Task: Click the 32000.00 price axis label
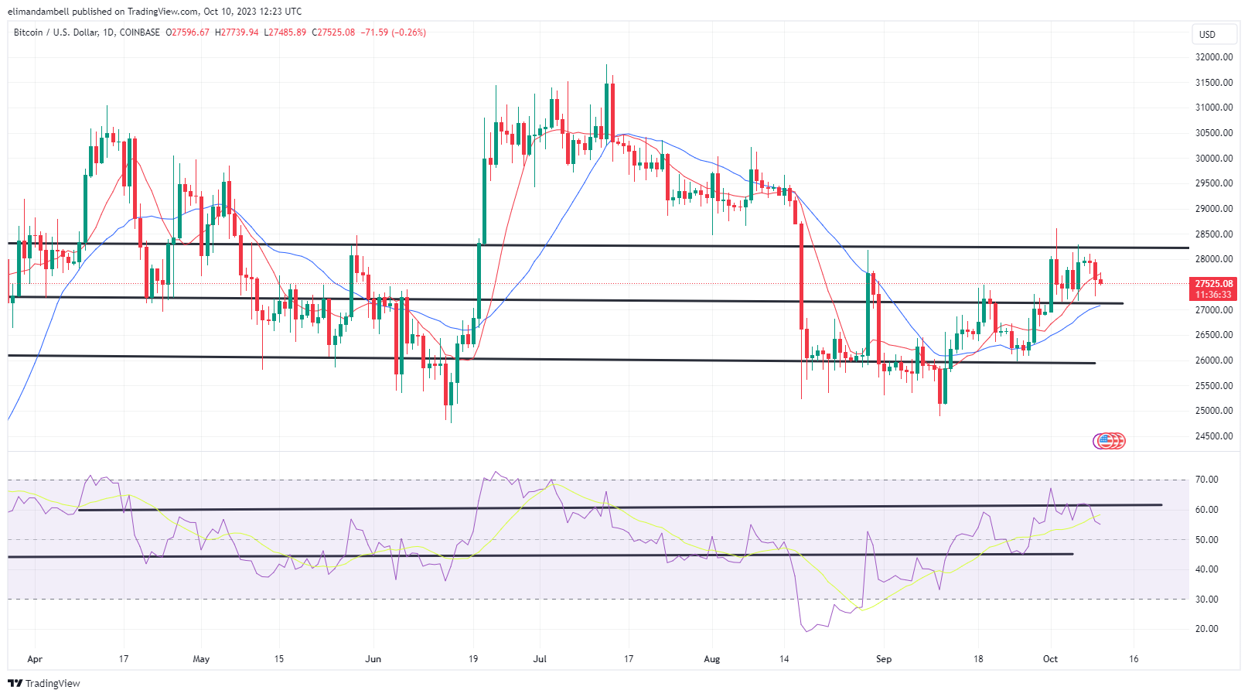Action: [1213, 57]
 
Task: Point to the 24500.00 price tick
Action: [1213, 436]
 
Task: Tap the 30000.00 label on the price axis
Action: [1213, 159]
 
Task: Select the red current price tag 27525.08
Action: [1213, 284]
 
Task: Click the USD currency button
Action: [1207, 35]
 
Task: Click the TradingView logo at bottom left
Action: [44, 684]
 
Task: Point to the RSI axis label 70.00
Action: [1206, 480]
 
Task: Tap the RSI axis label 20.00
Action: [1206, 629]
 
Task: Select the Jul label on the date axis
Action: [540, 659]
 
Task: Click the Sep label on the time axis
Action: [883, 659]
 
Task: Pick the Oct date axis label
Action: [1049, 659]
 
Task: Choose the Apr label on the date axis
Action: [34, 659]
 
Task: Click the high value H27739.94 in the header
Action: [237, 32]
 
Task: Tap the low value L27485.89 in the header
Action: [285, 32]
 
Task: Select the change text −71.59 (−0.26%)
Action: [393, 32]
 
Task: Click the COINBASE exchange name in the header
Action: [140, 32]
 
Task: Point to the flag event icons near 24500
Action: [1109, 441]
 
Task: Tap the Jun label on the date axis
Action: [373, 659]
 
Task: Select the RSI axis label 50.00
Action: [1206, 540]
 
